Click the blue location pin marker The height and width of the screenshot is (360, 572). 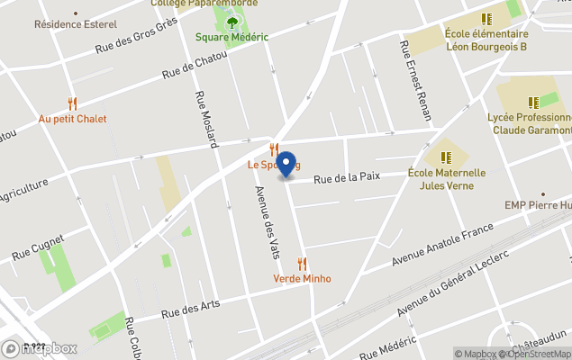coord(286,166)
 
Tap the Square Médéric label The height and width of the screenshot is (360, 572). coord(232,37)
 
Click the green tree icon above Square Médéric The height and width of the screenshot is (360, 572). coord(232,22)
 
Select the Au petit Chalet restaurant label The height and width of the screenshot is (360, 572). coord(72,119)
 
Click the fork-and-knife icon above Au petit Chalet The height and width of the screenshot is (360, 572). coord(72,103)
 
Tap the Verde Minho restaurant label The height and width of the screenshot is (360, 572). coord(302,279)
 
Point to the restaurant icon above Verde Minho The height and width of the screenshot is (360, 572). coord(302,264)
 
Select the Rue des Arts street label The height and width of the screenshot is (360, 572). coord(190,309)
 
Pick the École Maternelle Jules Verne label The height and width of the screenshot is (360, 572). coord(447,179)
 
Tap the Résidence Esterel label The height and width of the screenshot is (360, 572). coord(70,24)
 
